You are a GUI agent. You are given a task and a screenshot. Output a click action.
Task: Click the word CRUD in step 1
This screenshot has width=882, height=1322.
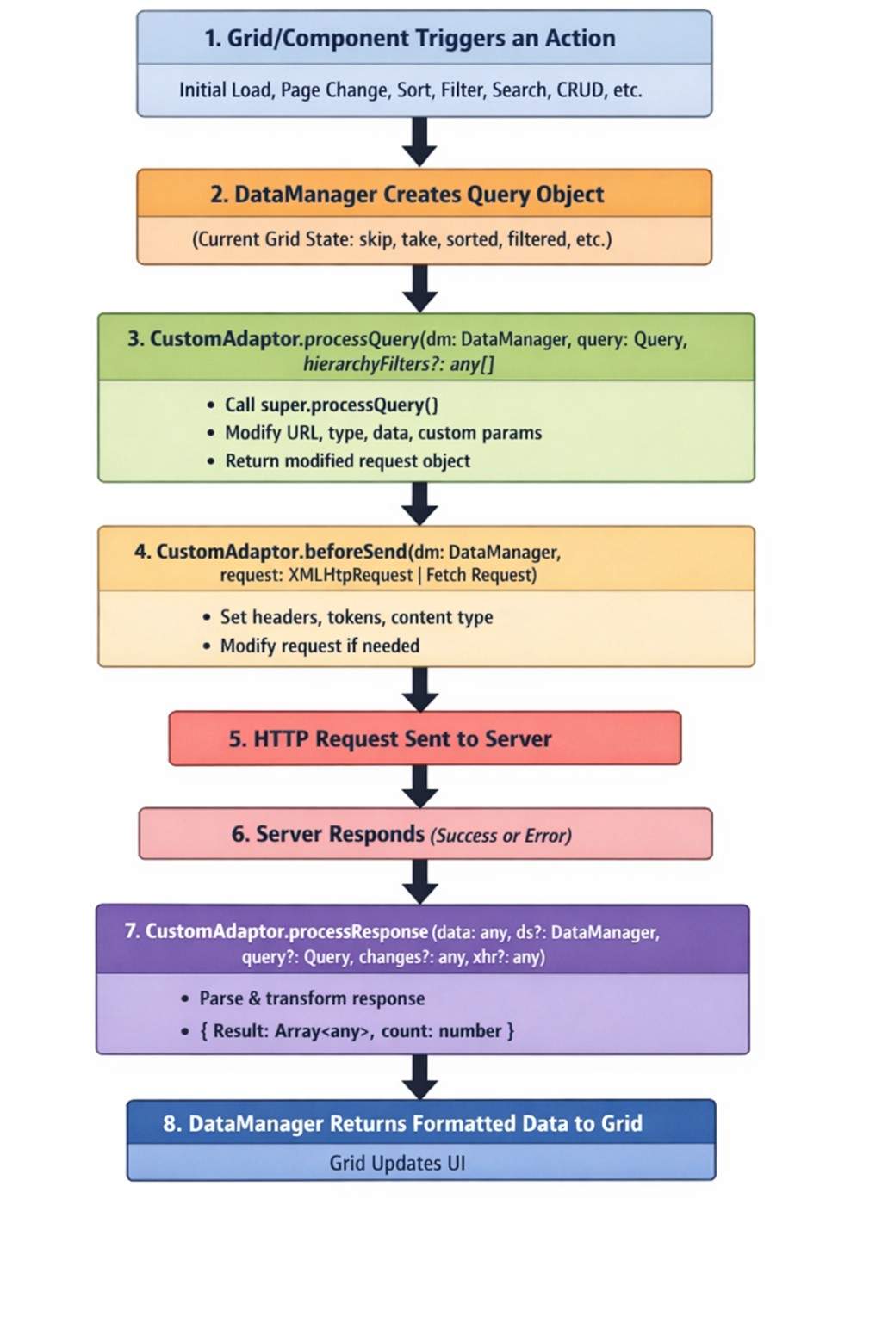(581, 90)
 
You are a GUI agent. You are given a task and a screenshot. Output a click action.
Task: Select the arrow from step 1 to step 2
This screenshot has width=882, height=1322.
(419, 141)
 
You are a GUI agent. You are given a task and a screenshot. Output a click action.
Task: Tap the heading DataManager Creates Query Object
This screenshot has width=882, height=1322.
(419, 195)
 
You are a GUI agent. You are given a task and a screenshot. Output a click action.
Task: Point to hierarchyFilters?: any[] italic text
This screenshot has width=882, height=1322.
(399, 364)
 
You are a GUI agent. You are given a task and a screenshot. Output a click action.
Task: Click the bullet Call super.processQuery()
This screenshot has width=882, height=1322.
(332, 405)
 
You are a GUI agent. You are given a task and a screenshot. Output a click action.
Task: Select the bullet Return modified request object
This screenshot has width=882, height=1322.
(347, 461)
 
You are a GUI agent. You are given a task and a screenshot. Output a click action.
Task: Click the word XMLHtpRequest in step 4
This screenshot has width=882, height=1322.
(350, 575)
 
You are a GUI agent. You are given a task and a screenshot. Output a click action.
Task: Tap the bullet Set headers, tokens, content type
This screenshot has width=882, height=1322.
(356, 617)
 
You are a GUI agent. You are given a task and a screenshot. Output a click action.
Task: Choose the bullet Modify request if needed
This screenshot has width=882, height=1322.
(320, 646)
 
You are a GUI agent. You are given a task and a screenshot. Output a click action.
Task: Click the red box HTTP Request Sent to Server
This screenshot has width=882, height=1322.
(425, 738)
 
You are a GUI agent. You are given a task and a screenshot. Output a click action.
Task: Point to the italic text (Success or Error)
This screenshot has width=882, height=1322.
(500, 836)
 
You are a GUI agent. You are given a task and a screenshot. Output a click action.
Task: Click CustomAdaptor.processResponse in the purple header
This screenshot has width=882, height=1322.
(287, 931)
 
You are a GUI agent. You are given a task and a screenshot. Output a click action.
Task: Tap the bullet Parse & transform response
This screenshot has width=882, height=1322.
(312, 998)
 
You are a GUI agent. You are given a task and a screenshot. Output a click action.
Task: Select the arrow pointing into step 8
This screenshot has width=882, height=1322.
(419, 1077)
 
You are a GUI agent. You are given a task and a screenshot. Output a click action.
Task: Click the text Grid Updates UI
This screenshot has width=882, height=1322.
(397, 1164)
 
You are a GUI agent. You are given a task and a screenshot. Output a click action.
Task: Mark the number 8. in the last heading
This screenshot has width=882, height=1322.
(172, 1124)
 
